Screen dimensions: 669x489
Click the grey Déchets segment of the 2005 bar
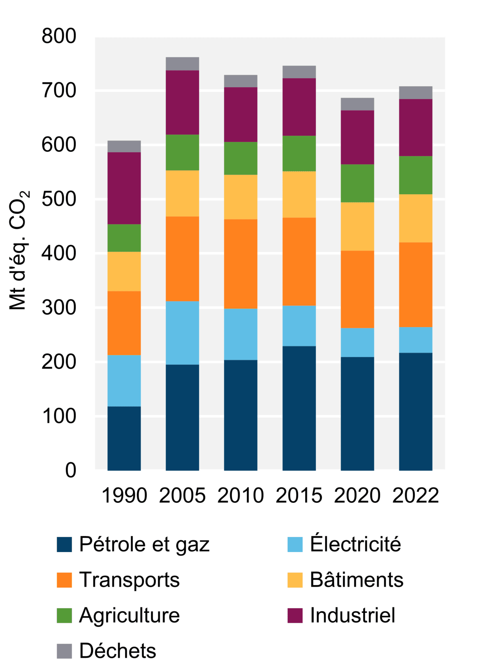tap(182, 64)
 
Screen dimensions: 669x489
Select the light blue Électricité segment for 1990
tap(124, 381)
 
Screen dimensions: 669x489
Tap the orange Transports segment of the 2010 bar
tap(240, 264)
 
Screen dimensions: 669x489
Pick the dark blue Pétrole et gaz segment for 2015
tap(299, 408)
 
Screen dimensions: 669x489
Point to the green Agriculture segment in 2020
tap(357, 183)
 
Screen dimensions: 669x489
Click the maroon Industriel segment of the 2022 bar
tap(415, 128)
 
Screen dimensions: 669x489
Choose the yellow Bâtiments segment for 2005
tap(182, 194)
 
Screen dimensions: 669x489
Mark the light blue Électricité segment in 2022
tap(415, 340)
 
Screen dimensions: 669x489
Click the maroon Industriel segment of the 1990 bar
tap(124, 188)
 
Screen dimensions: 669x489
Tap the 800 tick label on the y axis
tap(59, 36)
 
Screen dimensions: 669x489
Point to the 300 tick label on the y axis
tap(59, 308)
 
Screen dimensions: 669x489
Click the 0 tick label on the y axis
tap(70, 470)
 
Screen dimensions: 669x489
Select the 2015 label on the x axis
tap(299, 496)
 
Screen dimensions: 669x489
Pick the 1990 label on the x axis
tap(124, 496)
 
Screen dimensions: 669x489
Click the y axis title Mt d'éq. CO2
tap(19, 250)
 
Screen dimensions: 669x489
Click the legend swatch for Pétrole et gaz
tap(64, 544)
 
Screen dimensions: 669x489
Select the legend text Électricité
tap(355, 544)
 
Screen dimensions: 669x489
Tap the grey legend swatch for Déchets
tap(64, 651)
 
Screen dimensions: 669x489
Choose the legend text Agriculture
tap(129, 615)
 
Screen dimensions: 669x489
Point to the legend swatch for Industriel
tap(295, 615)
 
